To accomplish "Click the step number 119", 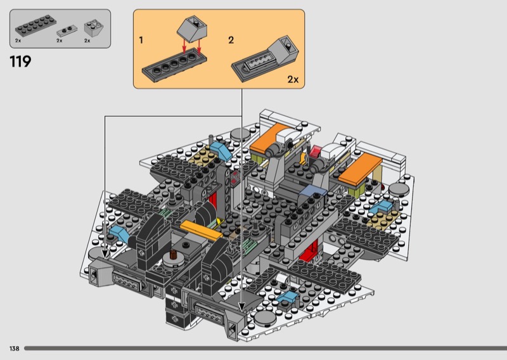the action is [20, 61].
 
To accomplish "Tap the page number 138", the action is [14, 349].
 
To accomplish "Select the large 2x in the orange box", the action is [293, 79].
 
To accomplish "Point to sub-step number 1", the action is [141, 40].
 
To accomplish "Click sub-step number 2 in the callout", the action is [231, 40].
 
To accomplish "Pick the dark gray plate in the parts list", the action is [35, 26].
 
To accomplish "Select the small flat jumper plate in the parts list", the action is [67, 31].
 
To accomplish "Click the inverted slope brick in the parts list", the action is [94, 28].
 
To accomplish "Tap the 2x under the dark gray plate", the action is [18, 41].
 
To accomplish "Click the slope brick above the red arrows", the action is [192, 29].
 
